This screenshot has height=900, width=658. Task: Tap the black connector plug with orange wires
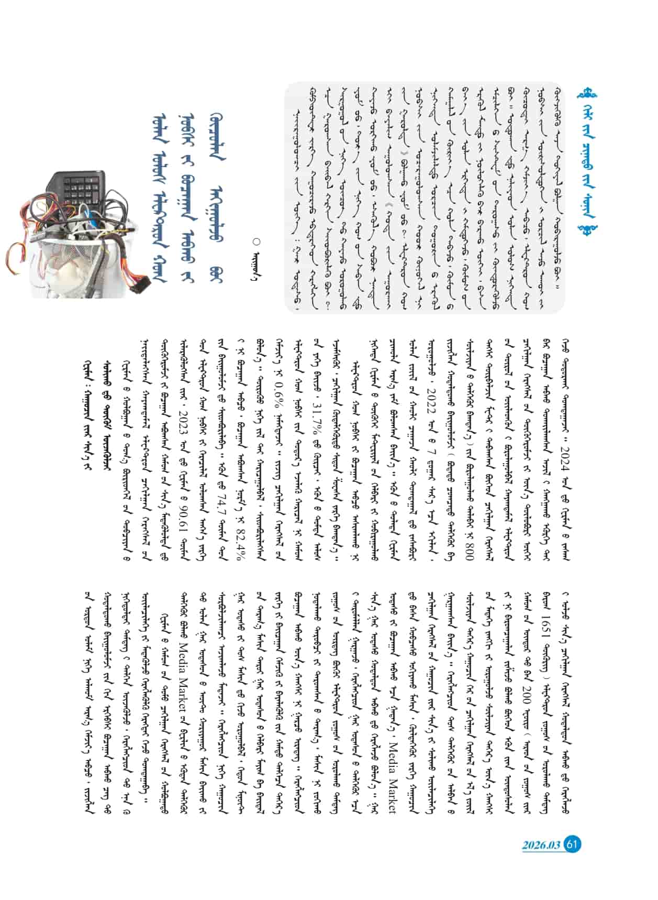coord(139,288)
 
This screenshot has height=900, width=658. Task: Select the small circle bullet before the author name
coord(256,241)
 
